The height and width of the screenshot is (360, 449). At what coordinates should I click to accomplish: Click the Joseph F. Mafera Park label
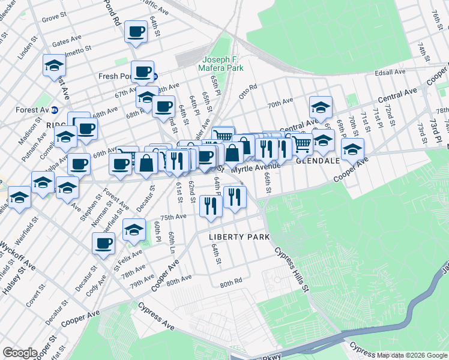coord(224,64)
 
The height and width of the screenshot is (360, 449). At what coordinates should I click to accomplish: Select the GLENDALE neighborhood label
coord(317,161)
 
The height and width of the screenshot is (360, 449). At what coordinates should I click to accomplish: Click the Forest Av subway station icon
coord(54,110)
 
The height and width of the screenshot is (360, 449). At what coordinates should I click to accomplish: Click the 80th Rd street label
coord(231,283)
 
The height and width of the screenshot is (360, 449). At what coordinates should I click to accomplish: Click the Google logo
coord(19,353)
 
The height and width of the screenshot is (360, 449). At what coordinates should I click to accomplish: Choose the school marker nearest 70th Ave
coord(321,107)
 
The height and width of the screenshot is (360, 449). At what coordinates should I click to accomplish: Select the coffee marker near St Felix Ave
coord(104,243)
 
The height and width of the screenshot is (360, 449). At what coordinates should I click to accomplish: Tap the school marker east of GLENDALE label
coord(353,148)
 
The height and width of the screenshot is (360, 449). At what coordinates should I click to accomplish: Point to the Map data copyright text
coord(411,355)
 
